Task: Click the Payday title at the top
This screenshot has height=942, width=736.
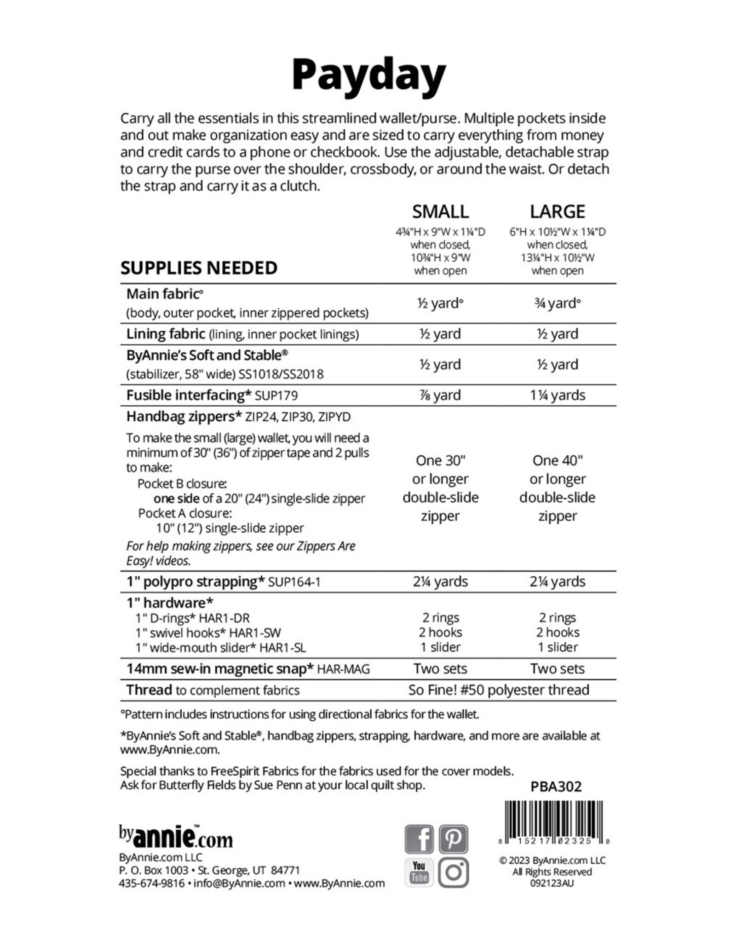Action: click(x=368, y=75)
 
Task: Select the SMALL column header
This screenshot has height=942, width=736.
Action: click(x=440, y=212)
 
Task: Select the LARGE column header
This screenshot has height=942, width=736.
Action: click(x=557, y=212)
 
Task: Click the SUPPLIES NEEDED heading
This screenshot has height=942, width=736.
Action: click(x=199, y=268)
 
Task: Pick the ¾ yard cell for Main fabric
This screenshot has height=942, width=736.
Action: click(x=557, y=304)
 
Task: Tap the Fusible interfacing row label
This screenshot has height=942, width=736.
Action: click(x=189, y=396)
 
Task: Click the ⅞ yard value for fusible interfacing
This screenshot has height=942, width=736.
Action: click(x=440, y=396)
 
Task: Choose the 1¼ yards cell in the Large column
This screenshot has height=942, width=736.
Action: click(x=557, y=396)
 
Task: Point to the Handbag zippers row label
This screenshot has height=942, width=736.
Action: click(x=184, y=417)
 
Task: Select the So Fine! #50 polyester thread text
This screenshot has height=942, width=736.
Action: click(x=499, y=690)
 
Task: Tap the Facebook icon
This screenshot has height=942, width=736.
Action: click(x=419, y=839)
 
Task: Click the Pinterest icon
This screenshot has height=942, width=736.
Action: click(x=453, y=839)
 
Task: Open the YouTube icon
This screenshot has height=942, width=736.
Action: click(x=419, y=872)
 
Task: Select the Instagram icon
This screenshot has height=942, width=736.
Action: click(x=453, y=872)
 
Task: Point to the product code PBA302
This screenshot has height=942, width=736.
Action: click(x=556, y=787)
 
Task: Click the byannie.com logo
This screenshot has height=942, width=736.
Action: click(x=176, y=837)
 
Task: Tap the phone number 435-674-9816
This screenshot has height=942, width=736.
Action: click(x=151, y=883)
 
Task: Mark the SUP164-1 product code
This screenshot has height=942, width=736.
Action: click(x=294, y=582)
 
